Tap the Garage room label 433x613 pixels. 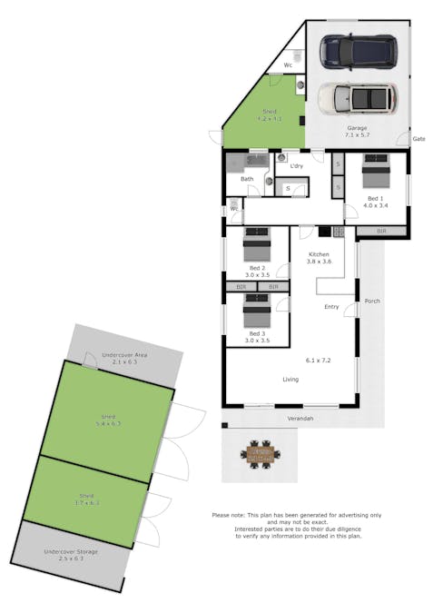pyautogui.click(x=357, y=129)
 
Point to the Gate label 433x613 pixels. pyautogui.click(x=418, y=139)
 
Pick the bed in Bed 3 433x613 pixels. pyautogui.click(x=257, y=311)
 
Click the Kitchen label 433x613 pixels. pyautogui.click(x=320, y=254)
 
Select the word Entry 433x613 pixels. pyautogui.click(x=331, y=307)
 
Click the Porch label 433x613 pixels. pyautogui.click(x=371, y=301)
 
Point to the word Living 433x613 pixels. pyautogui.click(x=291, y=380)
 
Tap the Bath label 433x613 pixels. pyautogui.click(x=247, y=179)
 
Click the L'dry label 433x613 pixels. pyautogui.click(x=296, y=167)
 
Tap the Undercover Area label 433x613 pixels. pyautogui.click(x=124, y=354)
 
